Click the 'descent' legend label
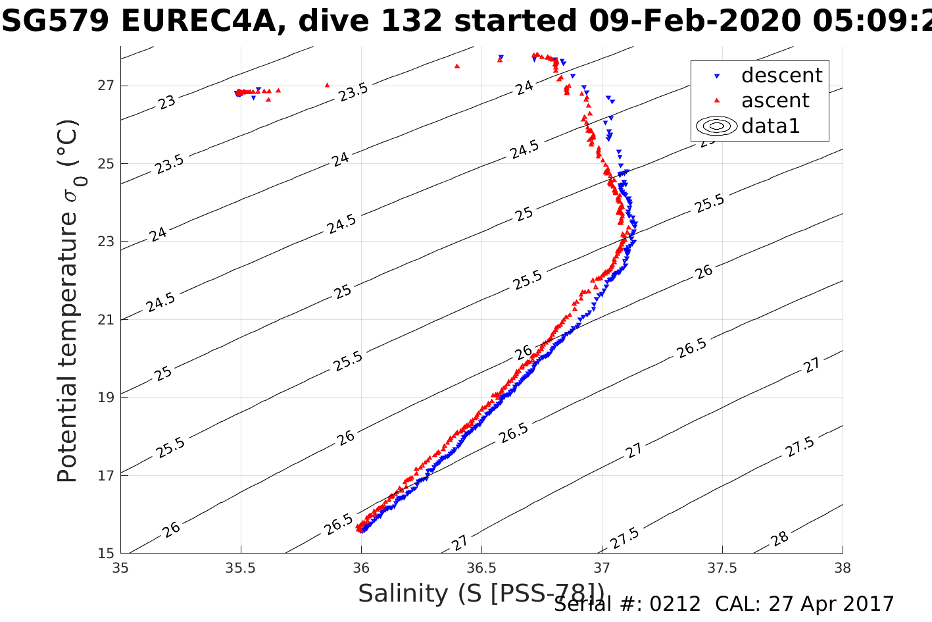coord(781,76)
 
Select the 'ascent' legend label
coord(775,101)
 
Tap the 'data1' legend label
coord(770,126)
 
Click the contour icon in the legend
coord(716,126)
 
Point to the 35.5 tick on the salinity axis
coord(241,567)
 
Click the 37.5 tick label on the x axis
coord(722,567)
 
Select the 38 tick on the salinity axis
coord(843,567)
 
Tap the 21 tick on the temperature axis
coord(106,320)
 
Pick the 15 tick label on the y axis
coord(106,554)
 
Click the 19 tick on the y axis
coord(106,398)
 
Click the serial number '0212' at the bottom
coord(675,604)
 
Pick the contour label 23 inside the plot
coord(168,101)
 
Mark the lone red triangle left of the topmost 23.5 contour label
coord(327,85)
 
